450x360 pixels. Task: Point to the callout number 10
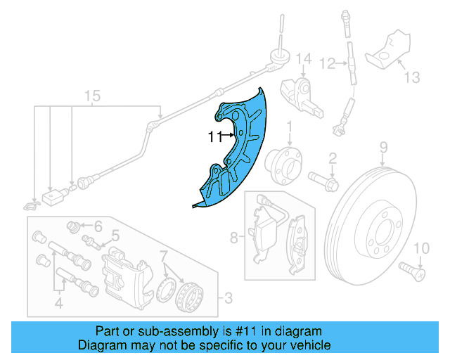tap(421, 247)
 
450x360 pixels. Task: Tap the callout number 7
tap(164, 254)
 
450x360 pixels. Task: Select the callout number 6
tap(98, 226)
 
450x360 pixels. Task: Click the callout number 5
tap(115, 236)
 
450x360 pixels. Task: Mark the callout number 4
tap(59, 304)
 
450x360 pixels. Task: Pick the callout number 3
tap(227, 300)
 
